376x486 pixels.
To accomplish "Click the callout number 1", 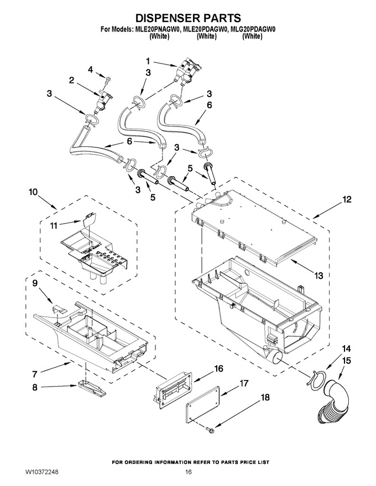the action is tap(148, 61).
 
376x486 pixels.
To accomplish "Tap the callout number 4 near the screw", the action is tap(90, 70).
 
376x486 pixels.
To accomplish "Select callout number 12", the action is tap(347, 199).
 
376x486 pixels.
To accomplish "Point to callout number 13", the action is tap(319, 275).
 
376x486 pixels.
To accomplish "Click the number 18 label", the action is tap(265, 397).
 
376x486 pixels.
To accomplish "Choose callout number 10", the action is tap(33, 192).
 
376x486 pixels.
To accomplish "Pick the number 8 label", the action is tap(35, 387).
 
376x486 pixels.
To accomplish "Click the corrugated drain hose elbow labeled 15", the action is tap(335, 404).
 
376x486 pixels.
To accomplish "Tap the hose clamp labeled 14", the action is tap(316, 376).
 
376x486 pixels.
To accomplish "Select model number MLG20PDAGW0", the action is tap(253, 30).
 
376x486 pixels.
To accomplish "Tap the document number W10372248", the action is tap(42, 472).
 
